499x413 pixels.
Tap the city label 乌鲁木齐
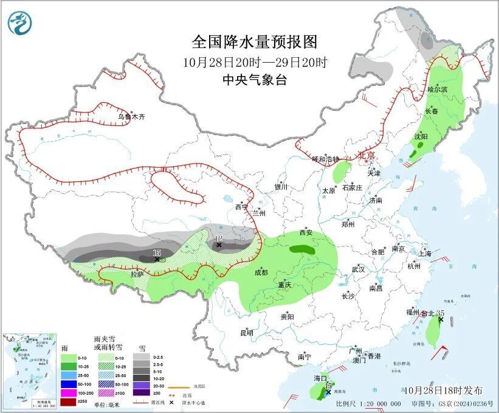(x=132, y=117)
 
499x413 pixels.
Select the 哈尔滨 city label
(x=437, y=89)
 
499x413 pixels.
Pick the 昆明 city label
(x=247, y=333)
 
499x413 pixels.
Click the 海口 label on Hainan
(x=320, y=378)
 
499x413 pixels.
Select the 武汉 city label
(x=358, y=269)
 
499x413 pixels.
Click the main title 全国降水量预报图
(x=255, y=42)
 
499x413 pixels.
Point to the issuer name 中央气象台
(x=254, y=79)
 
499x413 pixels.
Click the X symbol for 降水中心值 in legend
(x=172, y=403)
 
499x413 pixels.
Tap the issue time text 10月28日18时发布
(x=442, y=390)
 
